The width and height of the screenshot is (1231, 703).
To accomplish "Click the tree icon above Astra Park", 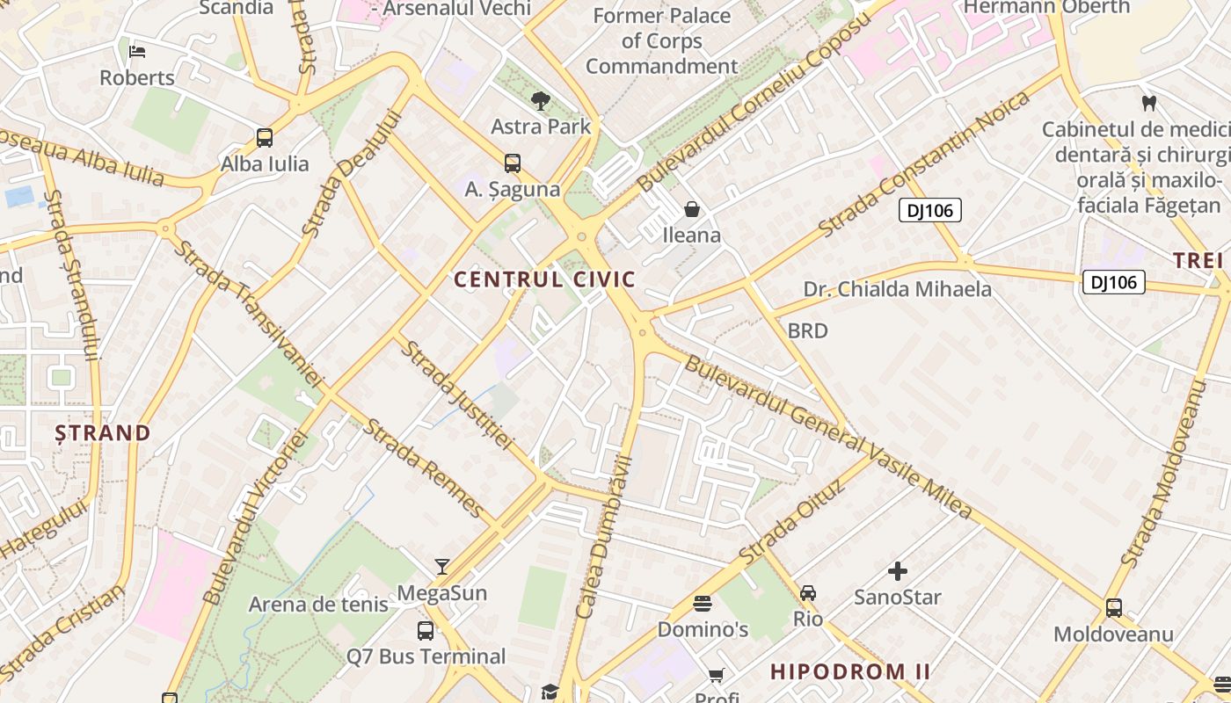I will (x=541, y=101).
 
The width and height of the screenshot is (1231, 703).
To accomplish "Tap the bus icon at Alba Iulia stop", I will (x=265, y=137).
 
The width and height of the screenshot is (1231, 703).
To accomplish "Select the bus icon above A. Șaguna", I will (x=513, y=163).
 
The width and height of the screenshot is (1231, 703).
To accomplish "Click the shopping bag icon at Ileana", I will (x=692, y=209).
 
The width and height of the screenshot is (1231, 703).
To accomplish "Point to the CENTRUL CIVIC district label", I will (x=544, y=279).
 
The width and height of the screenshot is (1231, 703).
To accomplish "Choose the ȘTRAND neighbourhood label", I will (x=103, y=432).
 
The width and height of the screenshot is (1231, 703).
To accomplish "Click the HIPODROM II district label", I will (x=849, y=671).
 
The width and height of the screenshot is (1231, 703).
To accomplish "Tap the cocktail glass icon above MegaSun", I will (x=442, y=567).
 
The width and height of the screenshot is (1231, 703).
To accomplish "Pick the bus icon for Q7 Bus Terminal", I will (x=426, y=630).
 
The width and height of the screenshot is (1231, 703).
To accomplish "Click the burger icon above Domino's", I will (x=702, y=603).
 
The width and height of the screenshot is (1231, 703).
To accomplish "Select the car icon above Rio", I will (x=808, y=592).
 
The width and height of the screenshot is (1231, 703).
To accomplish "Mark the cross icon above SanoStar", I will (x=897, y=571).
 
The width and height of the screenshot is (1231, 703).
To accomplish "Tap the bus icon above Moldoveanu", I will (x=1113, y=607).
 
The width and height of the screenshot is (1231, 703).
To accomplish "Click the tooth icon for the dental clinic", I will (x=1148, y=102).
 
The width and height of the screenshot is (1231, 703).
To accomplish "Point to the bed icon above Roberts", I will (x=137, y=51).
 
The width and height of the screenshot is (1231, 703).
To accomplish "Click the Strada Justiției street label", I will (x=456, y=395).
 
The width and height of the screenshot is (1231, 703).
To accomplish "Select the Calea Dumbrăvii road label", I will (x=604, y=537).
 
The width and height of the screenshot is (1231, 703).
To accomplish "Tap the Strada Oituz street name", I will (x=791, y=524).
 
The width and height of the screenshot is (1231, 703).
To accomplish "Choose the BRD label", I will (x=807, y=330).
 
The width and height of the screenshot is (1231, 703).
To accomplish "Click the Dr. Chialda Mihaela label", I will (x=897, y=289).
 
